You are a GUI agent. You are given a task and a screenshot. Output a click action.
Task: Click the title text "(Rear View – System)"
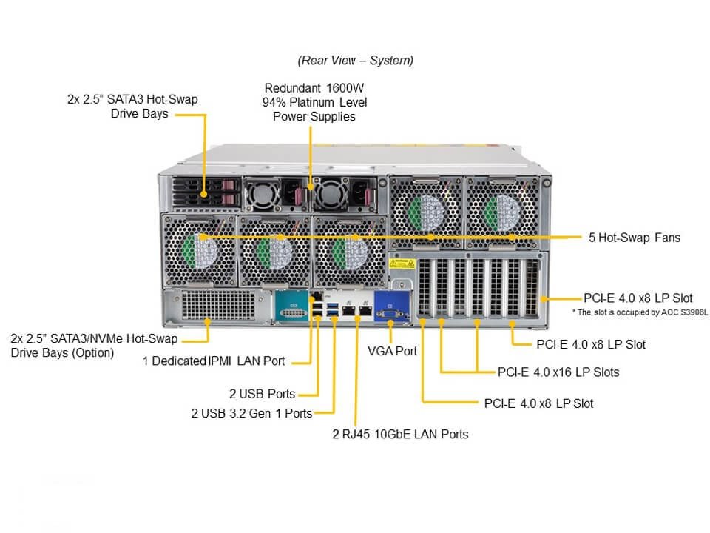click(355, 60)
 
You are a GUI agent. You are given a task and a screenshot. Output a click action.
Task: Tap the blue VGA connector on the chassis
click(390, 306)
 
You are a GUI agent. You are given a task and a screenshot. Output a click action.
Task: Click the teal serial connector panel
click(294, 306)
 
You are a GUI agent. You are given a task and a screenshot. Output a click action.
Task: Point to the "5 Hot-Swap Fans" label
click(634, 238)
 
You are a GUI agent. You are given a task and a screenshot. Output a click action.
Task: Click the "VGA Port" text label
click(392, 351)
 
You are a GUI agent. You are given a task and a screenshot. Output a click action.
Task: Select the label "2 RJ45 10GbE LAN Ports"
click(400, 434)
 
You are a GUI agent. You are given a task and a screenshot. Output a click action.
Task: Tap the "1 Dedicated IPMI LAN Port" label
click(214, 361)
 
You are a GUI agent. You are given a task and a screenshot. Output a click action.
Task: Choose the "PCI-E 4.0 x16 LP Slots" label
click(558, 372)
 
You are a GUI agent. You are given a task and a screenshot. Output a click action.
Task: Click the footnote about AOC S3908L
click(640, 312)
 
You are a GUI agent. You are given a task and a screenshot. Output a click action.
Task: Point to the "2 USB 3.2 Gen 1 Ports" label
click(251, 412)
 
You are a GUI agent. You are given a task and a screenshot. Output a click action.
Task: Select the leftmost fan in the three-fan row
click(197, 249)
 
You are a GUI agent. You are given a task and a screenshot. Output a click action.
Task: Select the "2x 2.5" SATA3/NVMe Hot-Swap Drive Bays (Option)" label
click(94, 346)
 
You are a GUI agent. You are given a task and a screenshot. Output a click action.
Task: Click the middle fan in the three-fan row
click(273, 249)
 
